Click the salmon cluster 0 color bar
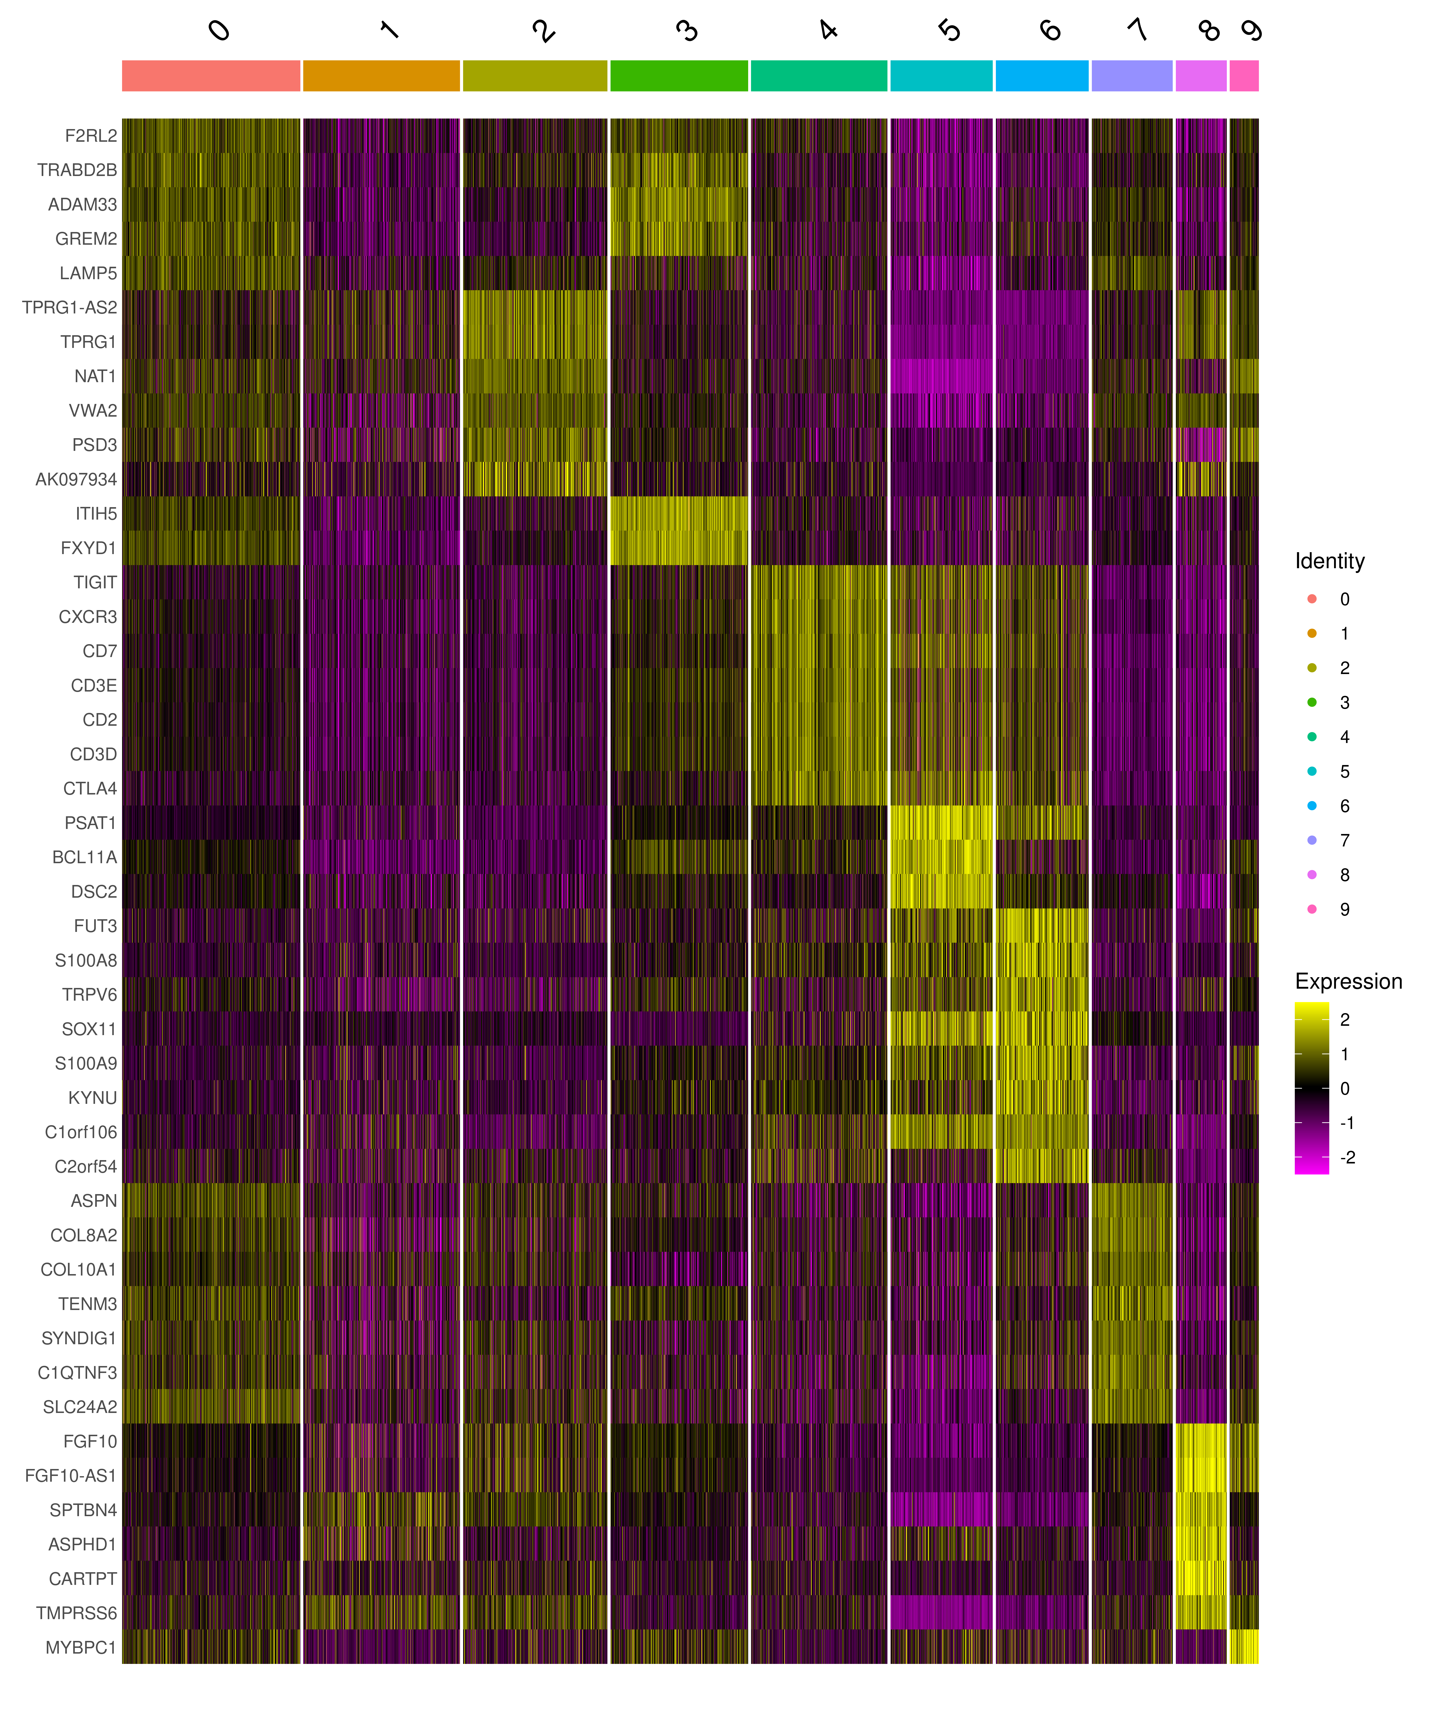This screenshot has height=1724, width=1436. click(211, 75)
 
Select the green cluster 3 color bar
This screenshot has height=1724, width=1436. click(679, 75)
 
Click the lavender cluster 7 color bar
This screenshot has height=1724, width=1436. click(1132, 75)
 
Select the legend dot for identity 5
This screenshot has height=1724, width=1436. click(1311, 771)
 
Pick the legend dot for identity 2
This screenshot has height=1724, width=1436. click(1311, 667)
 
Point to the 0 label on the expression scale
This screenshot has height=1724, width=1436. click(1344, 1089)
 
